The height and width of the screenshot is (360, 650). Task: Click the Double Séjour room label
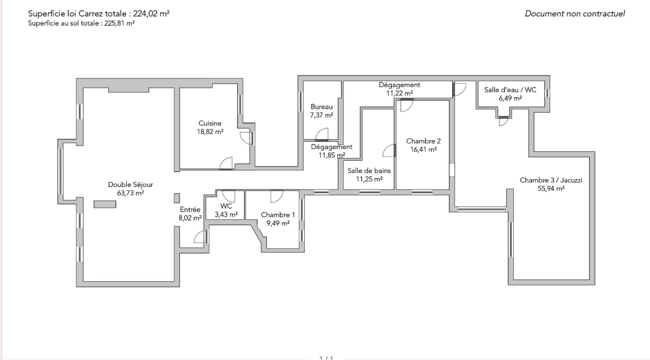point(131,184)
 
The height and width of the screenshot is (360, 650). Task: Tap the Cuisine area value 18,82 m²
point(210,132)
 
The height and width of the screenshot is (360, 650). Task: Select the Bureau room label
point(322,107)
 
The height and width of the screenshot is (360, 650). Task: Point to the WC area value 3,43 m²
point(226,214)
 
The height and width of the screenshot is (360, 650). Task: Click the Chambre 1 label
point(278,214)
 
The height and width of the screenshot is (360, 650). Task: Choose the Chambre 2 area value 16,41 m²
point(424,150)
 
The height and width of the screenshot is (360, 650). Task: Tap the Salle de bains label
point(369,170)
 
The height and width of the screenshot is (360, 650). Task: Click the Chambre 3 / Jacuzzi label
point(551,180)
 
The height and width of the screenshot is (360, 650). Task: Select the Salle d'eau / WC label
point(510,89)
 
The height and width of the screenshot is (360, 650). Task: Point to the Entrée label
point(190,210)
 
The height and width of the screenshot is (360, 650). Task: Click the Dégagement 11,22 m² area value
point(400,93)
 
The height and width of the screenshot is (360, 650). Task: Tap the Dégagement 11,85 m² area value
point(332,155)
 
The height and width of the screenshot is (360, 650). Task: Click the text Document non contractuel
point(575,13)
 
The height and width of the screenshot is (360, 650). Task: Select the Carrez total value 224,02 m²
point(151,13)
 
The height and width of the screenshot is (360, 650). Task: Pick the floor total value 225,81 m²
point(120,23)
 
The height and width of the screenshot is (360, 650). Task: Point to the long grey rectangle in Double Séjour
point(105,204)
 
